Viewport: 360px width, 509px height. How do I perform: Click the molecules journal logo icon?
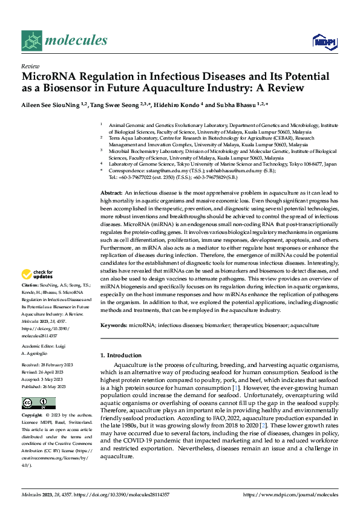pyautogui.click(x=32, y=41)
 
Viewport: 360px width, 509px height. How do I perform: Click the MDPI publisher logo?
pyautogui.click(x=324, y=41)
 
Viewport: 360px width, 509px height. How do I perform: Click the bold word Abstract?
pyautogui.click(x=112, y=192)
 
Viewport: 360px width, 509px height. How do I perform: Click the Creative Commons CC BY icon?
pyautogui.click(x=39, y=403)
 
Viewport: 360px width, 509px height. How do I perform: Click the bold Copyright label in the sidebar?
pyautogui.click(x=32, y=416)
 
